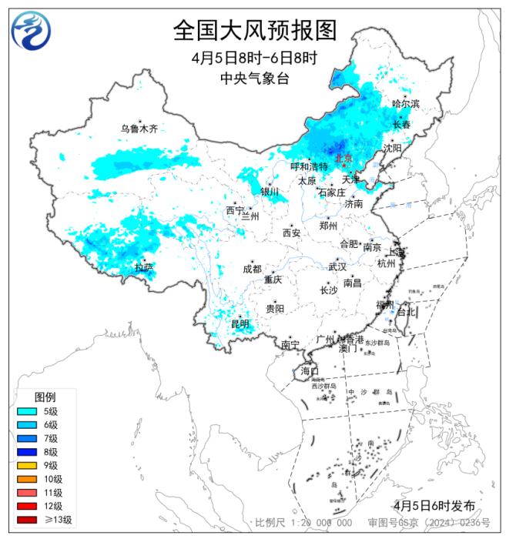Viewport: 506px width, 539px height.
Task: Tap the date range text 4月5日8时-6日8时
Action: (254, 59)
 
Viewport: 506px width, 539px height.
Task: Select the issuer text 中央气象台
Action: (254, 78)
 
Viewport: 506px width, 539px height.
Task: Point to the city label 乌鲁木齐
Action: (139, 129)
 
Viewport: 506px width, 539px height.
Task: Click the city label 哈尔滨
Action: (406, 103)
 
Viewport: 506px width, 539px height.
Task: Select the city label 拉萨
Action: (144, 267)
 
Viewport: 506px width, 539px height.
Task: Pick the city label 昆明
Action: (240, 324)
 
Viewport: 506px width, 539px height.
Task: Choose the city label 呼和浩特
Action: (308, 166)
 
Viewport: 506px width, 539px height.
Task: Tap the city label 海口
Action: (310, 371)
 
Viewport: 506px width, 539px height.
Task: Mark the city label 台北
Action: (406, 312)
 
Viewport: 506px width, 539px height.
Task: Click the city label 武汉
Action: (337, 266)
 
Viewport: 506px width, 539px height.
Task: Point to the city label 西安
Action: (291, 232)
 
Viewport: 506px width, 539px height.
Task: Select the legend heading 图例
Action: (45, 397)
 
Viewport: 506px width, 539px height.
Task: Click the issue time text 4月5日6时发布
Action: (434, 505)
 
